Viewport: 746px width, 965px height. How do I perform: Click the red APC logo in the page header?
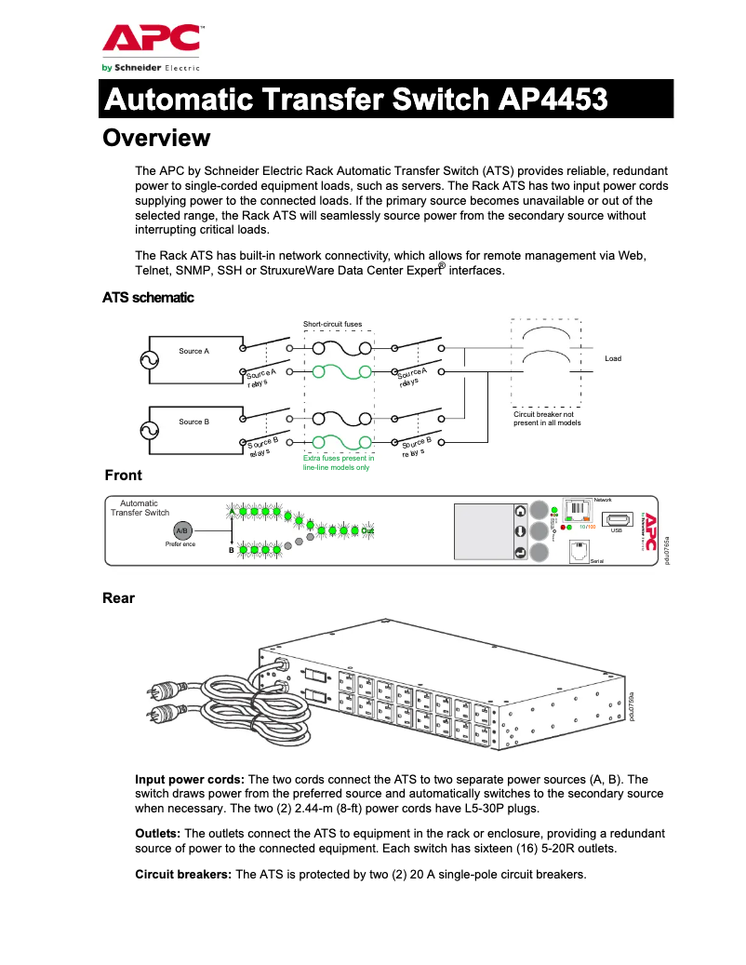click(x=150, y=40)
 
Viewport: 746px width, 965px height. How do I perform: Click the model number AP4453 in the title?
click(x=553, y=99)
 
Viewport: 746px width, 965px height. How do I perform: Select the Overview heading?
click(x=156, y=139)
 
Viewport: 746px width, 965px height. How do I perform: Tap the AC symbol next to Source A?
click(x=149, y=360)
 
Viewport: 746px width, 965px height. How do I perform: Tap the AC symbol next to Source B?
click(x=149, y=430)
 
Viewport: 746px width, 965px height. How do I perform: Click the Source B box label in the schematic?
click(x=193, y=422)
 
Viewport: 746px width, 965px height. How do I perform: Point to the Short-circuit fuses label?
click(x=332, y=324)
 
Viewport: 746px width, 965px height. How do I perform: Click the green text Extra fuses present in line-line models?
click(x=339, y=462)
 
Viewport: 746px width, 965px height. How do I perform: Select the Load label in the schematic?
click(x=612, y=358)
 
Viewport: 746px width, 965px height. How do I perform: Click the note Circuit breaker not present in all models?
click(x=547, y=418)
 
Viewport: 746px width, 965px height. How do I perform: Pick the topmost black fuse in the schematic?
click(x=339, y=348)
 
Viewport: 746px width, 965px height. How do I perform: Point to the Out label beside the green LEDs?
click(x=367, y=530)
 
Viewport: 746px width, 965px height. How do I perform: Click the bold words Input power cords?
click(x=190, y=779)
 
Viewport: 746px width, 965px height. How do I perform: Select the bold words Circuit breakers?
click(x=184, y=875)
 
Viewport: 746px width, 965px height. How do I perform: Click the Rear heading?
click(x=118, y=598)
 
